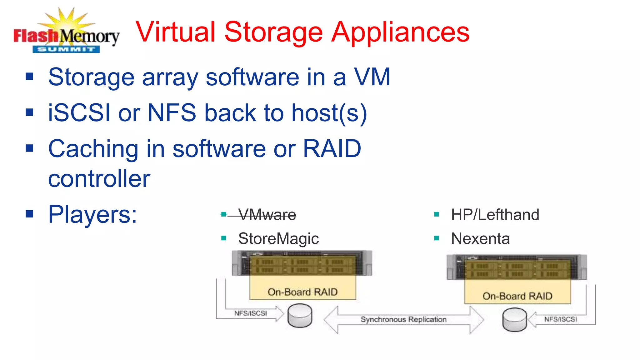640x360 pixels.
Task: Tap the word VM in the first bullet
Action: [372, 77]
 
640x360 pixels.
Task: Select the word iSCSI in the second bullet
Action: [79, 113]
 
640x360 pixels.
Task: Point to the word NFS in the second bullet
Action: [172, 113]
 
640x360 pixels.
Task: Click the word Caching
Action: [93, 149]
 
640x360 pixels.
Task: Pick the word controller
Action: [99, 179]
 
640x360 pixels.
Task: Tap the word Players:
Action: [92, 215]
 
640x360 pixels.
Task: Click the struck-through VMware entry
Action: [267, 215]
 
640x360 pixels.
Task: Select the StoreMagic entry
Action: [278, 239]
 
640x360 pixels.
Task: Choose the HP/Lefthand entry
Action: [495, 215]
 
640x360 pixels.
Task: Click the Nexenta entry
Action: [480, 239]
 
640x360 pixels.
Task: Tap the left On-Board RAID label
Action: [302, 292]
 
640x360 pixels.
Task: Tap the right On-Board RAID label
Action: [517, 296]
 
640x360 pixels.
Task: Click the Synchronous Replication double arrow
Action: [403, 320]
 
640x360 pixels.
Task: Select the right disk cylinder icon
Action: [515, 319]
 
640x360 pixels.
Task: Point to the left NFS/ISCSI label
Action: [251, 313]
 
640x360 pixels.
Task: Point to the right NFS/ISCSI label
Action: [560, 319]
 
